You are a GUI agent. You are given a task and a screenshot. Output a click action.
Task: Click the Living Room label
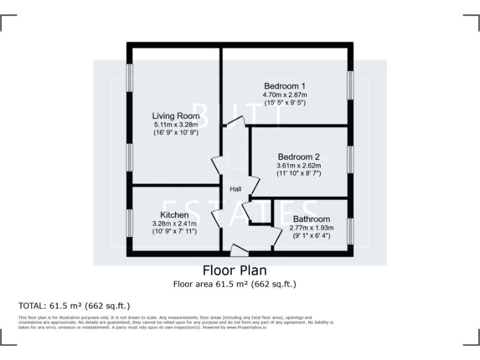(176, 116)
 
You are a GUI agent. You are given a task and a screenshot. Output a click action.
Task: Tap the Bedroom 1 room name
(284, 86)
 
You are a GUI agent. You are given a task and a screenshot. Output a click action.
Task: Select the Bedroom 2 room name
(298, 156)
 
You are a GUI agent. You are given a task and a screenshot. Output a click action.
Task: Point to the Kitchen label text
(174, 215)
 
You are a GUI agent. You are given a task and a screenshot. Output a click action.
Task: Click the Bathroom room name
(311, 219)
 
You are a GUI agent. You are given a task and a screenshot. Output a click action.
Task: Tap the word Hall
(236, 189)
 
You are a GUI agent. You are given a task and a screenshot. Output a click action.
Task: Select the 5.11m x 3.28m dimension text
(176, 124)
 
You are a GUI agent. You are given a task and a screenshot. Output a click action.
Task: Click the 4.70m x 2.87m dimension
(284, 94)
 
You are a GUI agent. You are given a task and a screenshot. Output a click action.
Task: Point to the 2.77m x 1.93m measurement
(311, 227)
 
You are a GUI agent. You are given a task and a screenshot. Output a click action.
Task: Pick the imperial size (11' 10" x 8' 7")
(298, 173)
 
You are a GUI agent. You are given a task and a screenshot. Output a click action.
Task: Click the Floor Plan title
(234, 271)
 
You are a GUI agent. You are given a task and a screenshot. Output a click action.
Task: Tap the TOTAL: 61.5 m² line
(74, 306)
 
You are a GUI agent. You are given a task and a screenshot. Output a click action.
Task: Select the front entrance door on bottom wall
(239, 250)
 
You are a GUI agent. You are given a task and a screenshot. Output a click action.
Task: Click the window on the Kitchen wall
(130, 222)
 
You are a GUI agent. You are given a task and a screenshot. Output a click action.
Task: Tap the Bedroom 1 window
(351, 84)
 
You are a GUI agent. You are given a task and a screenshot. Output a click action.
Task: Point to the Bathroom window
(351, 227)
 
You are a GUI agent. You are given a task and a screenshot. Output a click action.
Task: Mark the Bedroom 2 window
(351, 162)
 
